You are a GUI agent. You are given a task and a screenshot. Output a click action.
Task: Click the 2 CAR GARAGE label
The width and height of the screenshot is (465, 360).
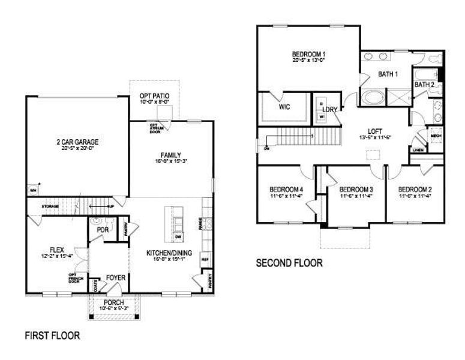77,142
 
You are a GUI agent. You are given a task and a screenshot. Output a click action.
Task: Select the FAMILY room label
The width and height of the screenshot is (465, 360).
171,155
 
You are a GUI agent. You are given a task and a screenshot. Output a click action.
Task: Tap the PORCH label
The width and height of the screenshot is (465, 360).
113,302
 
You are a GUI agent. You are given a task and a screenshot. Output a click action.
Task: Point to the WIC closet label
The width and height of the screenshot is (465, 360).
284,107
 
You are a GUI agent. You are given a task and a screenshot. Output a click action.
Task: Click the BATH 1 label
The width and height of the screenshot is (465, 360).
388,74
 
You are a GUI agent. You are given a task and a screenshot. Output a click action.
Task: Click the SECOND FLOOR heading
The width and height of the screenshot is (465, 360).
290,263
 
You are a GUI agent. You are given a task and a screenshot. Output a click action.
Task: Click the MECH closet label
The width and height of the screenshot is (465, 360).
436,136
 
